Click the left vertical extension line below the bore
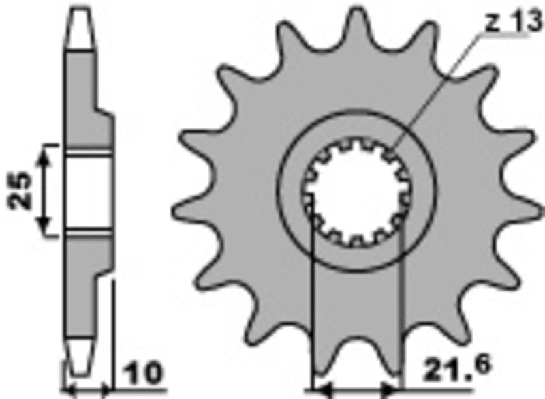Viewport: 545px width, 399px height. point(312,307)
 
